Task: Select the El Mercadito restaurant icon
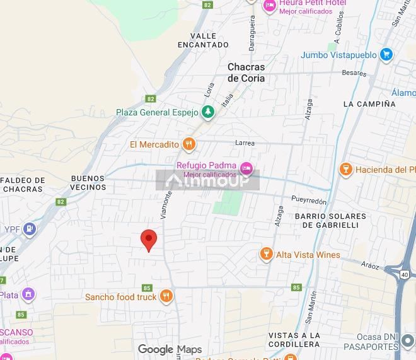tap(188, 144)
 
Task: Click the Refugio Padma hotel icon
tap(246, 168)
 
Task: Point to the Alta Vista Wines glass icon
tap(267, 255)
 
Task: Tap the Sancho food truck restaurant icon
tap(166, 296)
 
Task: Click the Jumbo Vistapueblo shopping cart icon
tap(386, 55)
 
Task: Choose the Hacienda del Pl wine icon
tap(345, 169)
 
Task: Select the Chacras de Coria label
tap(246, 73)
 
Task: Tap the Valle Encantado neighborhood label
tap(202, 40)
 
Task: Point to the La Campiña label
tap(369, 103)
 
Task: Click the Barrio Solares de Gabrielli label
tap(330, 220)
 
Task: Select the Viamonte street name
tap(166, 205)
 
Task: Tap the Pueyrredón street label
tap(309, 200)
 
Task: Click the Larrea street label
tap(245, 142)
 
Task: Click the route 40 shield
tap(404, 274)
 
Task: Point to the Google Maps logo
tap(170, 349)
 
